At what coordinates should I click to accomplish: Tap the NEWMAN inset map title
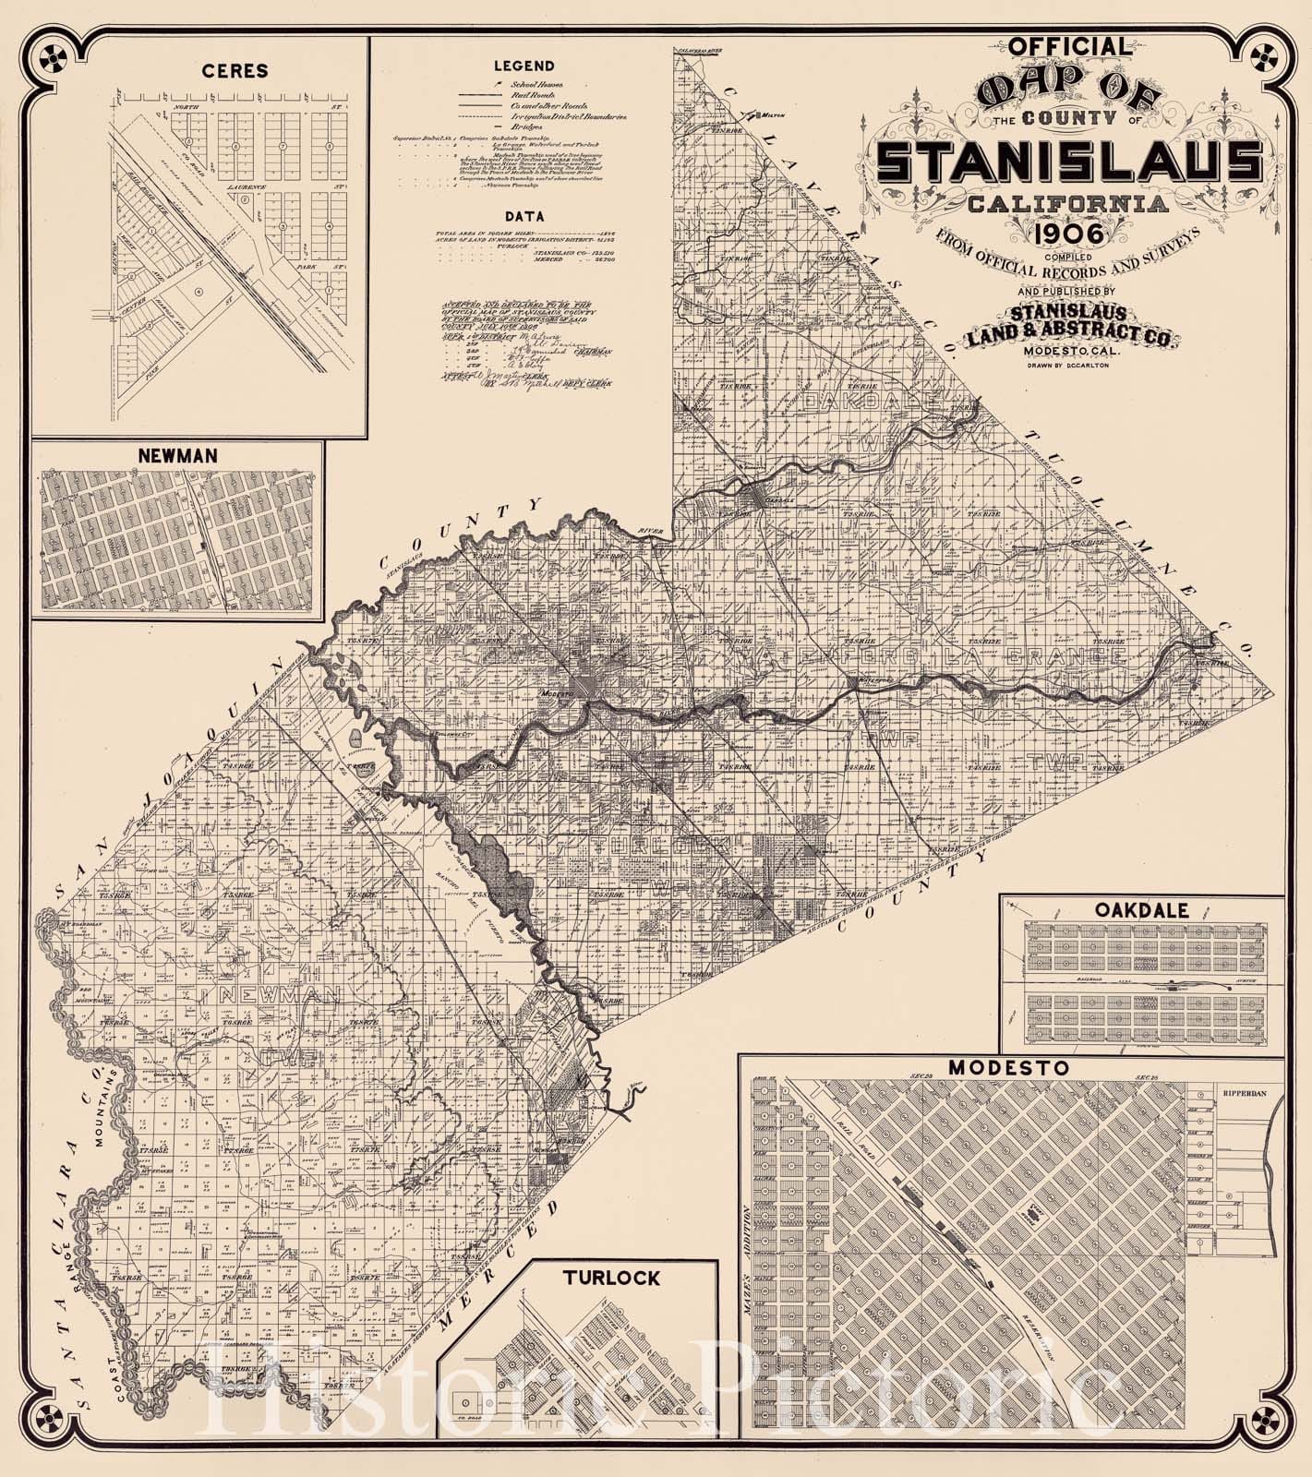coord(177,456)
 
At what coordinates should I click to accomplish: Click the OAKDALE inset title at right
coord(1141,909)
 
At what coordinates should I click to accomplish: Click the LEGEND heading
coord(524,66)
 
